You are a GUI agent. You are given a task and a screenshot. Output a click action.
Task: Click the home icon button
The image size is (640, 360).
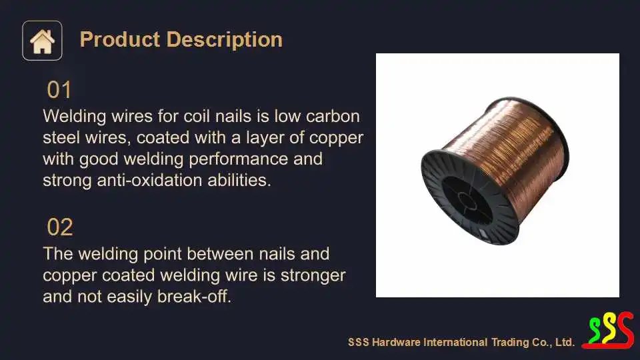click(x=42, y=41)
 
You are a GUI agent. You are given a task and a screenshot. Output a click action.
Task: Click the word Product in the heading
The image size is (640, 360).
click(x=120, y=39)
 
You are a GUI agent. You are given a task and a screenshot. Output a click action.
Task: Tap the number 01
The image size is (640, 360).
click(x=59, y=90)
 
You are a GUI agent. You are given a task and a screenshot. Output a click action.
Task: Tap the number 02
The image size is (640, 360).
click(x=60, y=227)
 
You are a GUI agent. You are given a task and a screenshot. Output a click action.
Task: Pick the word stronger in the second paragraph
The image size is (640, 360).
click(x=313, y=275)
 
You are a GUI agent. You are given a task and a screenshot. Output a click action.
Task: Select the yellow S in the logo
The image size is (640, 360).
click(x=608, y=329)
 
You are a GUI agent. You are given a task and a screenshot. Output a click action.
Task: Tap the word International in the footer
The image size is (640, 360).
click(x=455, y=342)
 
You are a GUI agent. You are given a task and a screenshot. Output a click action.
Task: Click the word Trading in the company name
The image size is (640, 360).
click(x=510, y=342)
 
